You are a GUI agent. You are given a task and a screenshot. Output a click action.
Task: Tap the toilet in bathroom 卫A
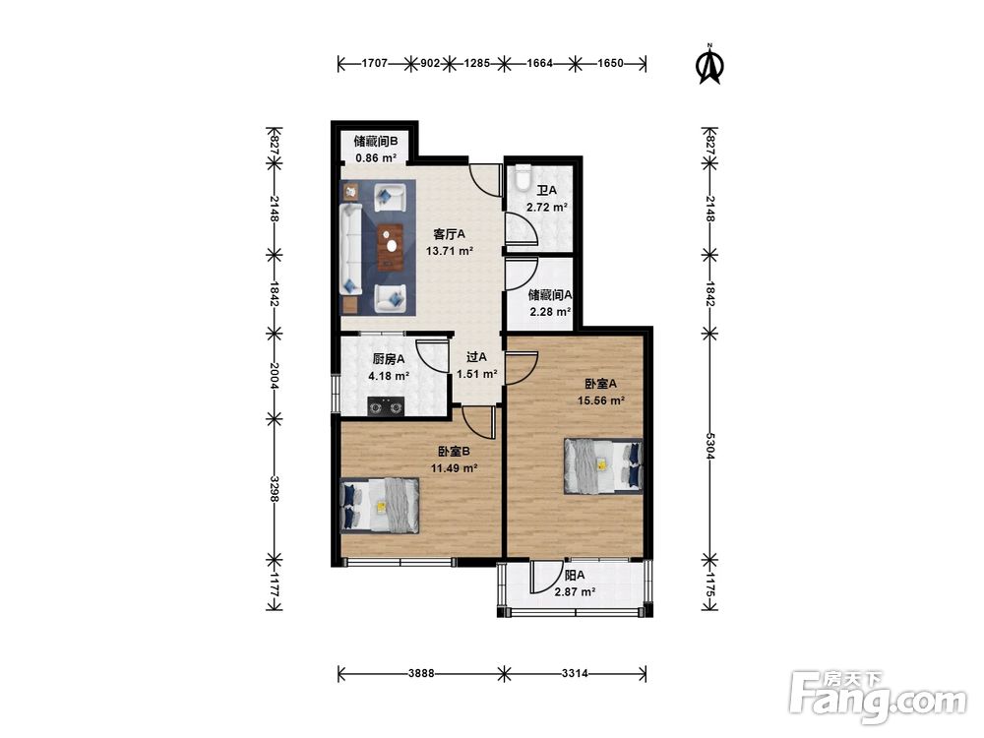(523, 177)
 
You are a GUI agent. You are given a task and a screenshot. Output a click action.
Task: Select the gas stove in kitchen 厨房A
(386, 406)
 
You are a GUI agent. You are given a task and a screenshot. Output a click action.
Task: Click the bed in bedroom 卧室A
(604, 465)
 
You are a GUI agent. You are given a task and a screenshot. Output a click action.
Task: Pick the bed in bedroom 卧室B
(380, 506)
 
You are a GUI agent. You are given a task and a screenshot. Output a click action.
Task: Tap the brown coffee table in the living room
(391, 247)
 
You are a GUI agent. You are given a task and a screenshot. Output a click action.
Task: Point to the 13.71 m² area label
(450, 252)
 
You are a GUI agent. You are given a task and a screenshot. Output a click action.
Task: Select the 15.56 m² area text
(601, 400)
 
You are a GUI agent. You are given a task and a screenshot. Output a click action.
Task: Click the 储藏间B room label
(375, 141)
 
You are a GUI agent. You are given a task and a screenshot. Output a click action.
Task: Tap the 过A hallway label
(476, 357)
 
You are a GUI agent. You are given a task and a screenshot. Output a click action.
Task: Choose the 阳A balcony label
(575, 575)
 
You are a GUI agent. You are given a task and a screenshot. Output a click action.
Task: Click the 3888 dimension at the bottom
(420, 673)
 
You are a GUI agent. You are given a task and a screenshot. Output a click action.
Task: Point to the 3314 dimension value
(575, 673)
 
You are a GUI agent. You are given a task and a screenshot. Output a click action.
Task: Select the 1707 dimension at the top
(375, 63)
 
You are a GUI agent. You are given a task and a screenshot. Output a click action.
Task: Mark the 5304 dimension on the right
(709, 446)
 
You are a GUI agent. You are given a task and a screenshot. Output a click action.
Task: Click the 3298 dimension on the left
(275, 488)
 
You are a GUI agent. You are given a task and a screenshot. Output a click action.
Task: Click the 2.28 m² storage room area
(550, 311)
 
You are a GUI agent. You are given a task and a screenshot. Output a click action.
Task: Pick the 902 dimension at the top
(430, 63)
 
